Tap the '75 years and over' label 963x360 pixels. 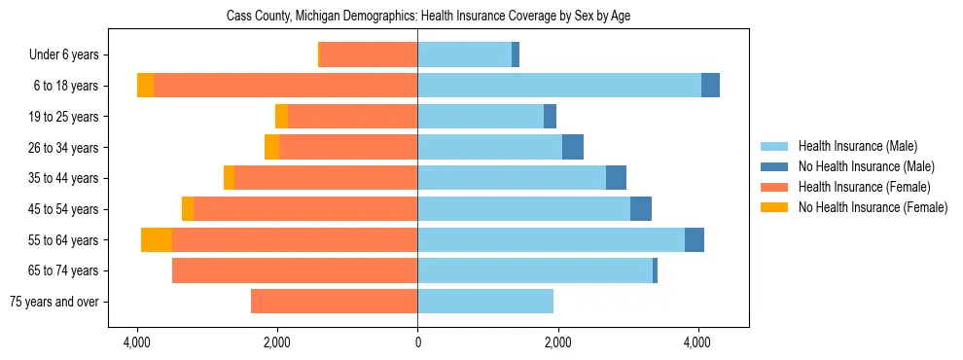(53, 302)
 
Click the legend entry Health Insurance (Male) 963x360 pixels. (857, 147)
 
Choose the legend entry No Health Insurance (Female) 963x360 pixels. (873, 207)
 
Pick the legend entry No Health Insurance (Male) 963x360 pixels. (866, 167)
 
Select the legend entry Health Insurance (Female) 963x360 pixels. (864, 187)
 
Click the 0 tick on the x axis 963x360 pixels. (417, 343)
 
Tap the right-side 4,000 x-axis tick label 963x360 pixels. (697, 343)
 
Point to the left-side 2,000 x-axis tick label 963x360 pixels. (277, 343)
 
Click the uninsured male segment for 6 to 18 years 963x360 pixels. (710, 86)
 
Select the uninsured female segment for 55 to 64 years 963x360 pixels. (157, 240)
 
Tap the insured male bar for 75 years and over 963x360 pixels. (485, 302)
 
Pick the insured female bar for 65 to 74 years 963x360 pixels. (295, 270)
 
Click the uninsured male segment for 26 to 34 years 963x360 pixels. (573, 147)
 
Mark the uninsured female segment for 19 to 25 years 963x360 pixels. (281, 117)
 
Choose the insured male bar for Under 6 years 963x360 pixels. (464, 55)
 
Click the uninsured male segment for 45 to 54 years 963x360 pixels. (641, 209)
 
